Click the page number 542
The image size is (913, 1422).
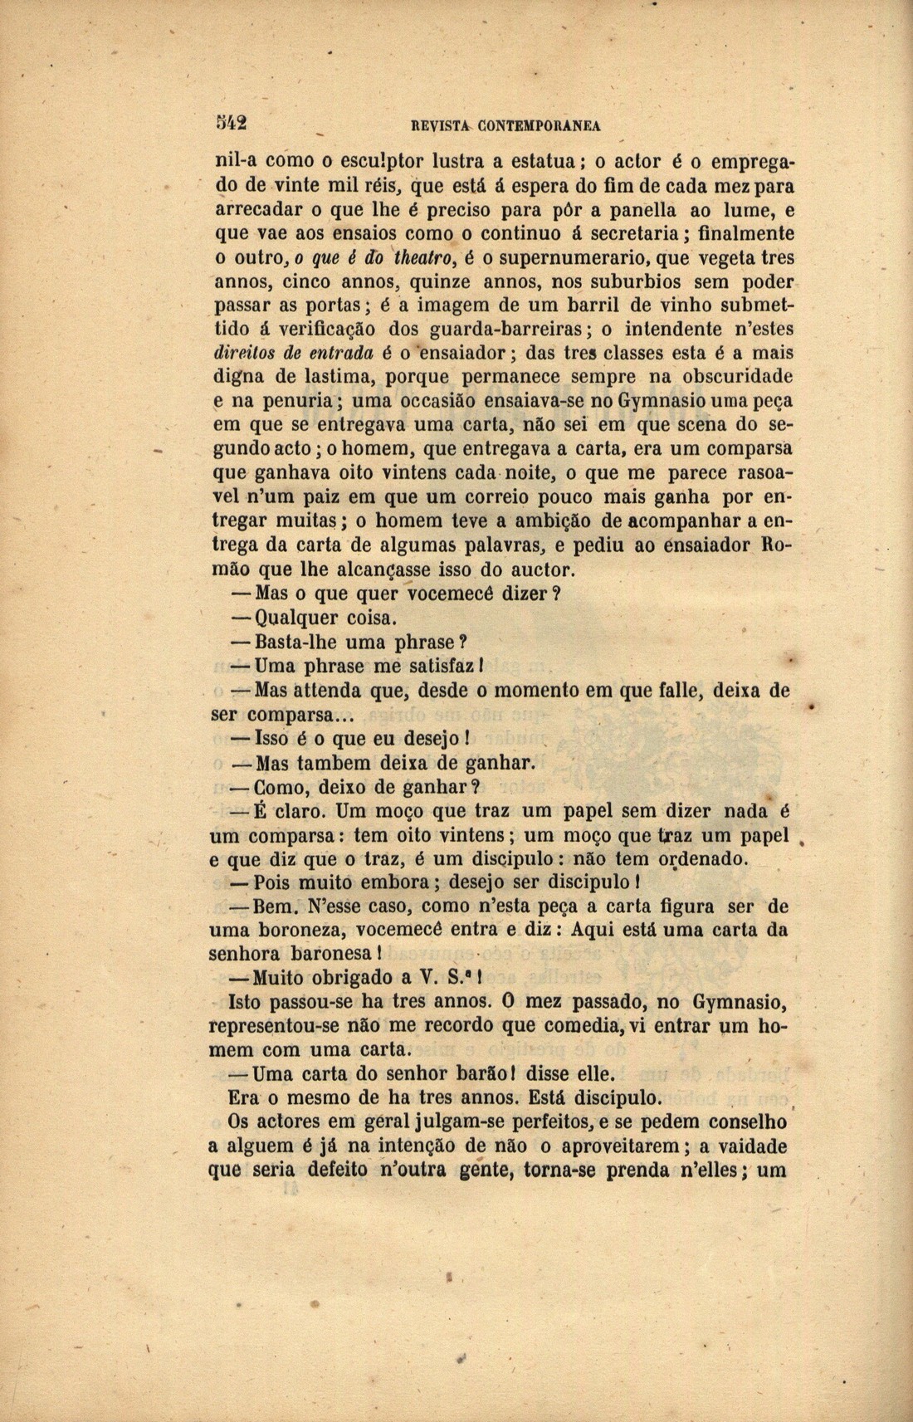click(x=230, y=122)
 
